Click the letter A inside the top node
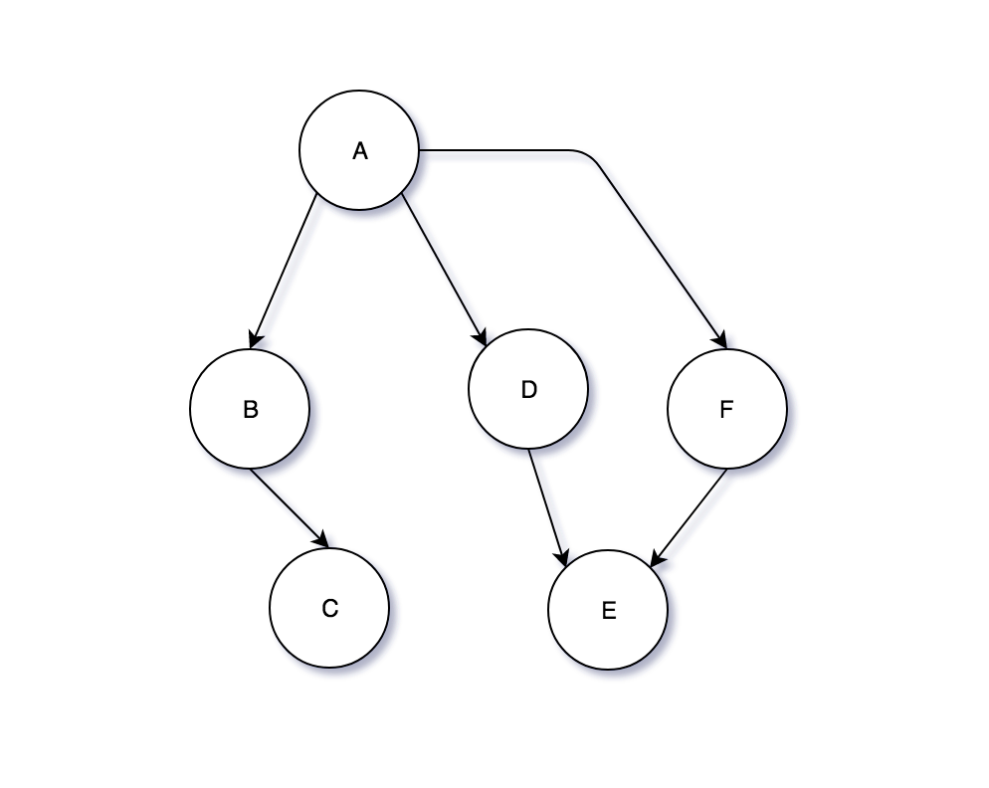coord(360,151)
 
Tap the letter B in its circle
coord(251,409)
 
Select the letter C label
coord(330,608)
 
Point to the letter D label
coord(528,389)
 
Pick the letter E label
coord(609,611)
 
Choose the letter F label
coord(725,409)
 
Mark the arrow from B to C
coord(289,507)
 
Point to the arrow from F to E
coord(690,517)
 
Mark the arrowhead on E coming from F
coord(656,560)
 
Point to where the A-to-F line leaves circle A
coord(421,150)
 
